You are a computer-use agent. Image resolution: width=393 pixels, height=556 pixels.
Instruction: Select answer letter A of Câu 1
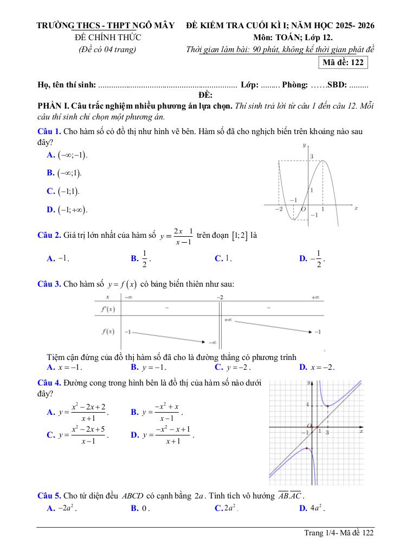click(x=50, y=155)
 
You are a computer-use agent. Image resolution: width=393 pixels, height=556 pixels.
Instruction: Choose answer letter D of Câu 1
click(x=50, y=210)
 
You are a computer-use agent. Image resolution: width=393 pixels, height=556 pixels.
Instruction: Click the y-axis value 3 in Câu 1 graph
click(x=312, y=156)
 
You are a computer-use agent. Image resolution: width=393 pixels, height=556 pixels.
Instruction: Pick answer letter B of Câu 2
click(x=134, y=259)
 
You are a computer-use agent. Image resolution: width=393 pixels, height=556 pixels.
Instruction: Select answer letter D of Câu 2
click(x=303, y=259)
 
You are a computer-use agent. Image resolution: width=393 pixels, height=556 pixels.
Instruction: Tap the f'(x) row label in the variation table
click(x=108, y=309)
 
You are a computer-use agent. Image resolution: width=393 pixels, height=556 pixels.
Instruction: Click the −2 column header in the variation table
click(x=220, y=297)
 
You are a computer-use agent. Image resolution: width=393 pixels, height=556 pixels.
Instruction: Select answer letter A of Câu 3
click(x=50, y=367)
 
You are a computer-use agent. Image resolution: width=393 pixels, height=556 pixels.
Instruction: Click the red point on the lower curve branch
click(x=307, y=448)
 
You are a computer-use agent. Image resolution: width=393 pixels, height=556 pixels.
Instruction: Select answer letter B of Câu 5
click(x=134, y=509)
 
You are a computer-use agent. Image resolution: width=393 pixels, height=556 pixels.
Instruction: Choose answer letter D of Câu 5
click(x=303, y=509)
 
